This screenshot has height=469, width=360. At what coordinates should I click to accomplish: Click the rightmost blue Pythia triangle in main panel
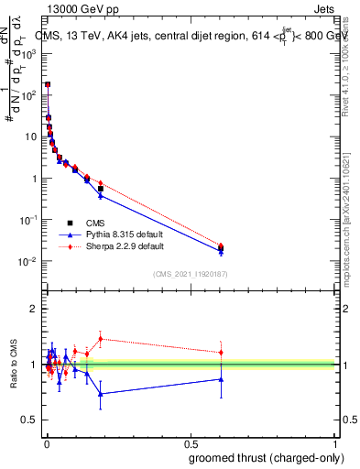pyautogui.click(x=221, y=251)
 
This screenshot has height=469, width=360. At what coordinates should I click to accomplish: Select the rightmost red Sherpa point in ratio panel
pyautogui.click(x=221, y=352)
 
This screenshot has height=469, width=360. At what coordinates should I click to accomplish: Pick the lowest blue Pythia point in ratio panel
pyautogui.click(x=101, y=394)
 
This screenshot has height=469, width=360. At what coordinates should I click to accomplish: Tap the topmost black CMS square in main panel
pyautogui.click(x=48, y=84)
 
